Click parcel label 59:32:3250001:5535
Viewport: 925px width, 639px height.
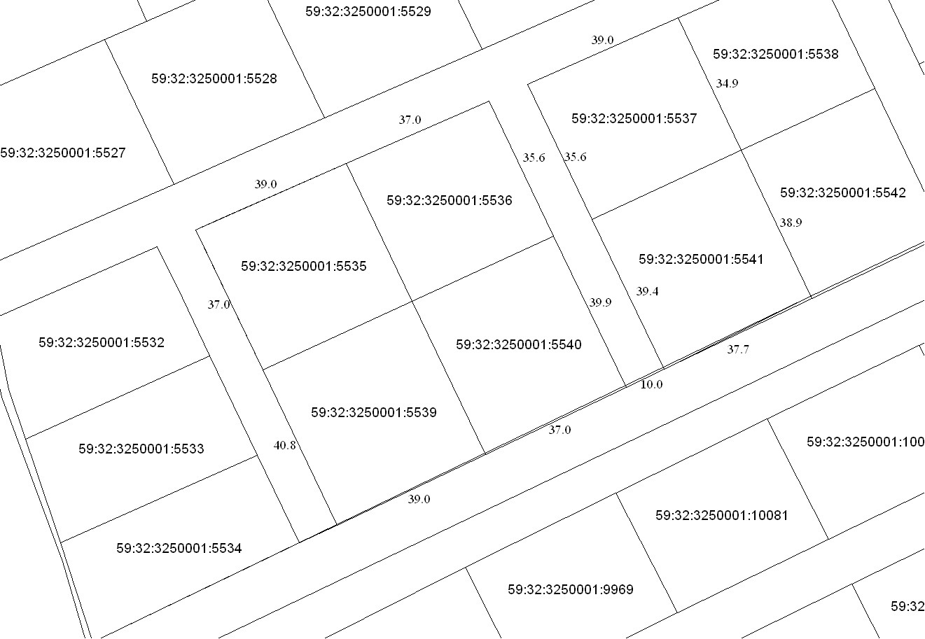pyautogui.click(x=303, y=267)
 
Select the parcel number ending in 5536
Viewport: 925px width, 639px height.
pyautogui.click(x=449, y=201)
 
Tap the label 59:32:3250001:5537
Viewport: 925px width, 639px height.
pyautogui.click(x=634, y=119)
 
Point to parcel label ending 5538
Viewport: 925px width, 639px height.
pyautogui.click(x=775, y=54)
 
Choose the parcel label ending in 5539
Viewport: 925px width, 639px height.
pyautogui.click(x=373, y=413)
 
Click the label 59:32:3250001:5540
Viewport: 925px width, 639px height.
pyautogui.click(x=518, y=345)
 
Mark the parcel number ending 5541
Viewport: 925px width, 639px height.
pyautogui.click(x=701, y=260)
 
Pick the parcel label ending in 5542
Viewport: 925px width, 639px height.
pyautogui.click(x=842, y=193)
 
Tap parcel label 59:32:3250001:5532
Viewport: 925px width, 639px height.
pyautogui.click(x=102, y=343)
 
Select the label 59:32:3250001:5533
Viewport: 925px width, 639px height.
pyautogui.click(x=141, y=449)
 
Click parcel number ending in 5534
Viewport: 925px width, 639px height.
pyautogui.click(x=179, y=548)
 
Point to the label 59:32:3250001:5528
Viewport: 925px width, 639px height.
pyautogui.click(x=214, y=79)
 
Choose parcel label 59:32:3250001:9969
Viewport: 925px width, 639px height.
pyautogui.click(x=570, y=590)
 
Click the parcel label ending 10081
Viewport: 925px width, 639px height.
pyautogui.click(x=721, y=516)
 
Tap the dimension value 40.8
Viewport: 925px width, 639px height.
pyautogui.click(x=284, y=445)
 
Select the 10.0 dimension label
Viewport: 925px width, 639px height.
pyautogui.click(x=651, y=385)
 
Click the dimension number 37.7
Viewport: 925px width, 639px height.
pyautogui.click(x=737, y=350)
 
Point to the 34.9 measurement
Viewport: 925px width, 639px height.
pyautogui.click(x=727, y=84)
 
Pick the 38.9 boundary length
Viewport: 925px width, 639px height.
pyautogui.click(x=791, y=223)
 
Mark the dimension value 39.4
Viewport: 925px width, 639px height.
pyautogui.click(x=647, y=292)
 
